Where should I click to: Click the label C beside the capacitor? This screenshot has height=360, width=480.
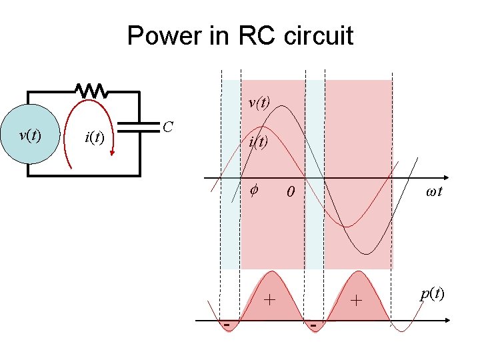click(x=169, y=126)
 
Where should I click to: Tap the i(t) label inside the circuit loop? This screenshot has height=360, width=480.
click(x=93, y=138)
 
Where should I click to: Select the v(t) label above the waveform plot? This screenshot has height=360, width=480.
click(x=259, y=103)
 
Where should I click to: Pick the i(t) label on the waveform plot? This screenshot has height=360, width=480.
click(x=259, y=141)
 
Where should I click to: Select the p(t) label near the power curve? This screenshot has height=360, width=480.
click(x=432, y=294)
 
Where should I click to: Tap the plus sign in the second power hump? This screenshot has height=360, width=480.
click(x=357, y=301)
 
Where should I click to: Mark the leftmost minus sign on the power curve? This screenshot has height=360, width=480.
click(x=227, y=325)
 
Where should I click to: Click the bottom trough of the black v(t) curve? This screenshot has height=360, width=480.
click(x=364, y=254)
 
